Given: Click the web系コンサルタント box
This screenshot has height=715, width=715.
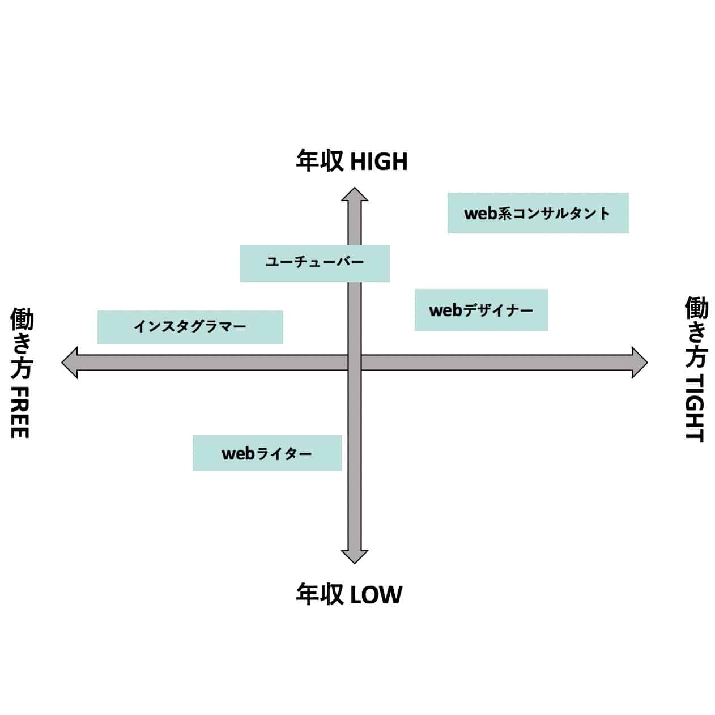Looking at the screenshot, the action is (538, 213).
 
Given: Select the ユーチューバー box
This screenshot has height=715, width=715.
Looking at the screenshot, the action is (314, 263).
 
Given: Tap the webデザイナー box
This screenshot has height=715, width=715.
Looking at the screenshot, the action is (481, 310).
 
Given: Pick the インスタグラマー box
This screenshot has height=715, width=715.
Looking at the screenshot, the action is (190, 327).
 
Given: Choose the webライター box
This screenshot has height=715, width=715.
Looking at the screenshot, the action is (267, 453).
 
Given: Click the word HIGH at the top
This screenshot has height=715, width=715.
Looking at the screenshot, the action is (379, 162).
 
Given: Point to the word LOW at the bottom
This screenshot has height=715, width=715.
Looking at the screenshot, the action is (376, 595).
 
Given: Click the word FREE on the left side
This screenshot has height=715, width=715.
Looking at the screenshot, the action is (20, 412).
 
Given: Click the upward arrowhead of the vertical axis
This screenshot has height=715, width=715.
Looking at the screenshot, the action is (354, 195).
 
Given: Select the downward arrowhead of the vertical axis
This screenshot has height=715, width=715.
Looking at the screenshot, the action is (354, 556).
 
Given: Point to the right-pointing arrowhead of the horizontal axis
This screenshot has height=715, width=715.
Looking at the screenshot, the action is (639, 363).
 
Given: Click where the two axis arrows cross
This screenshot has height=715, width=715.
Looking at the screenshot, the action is (354, 363).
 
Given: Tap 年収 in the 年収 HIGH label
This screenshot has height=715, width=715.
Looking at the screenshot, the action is (320, 161).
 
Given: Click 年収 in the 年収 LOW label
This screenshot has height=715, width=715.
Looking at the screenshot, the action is (320, 594).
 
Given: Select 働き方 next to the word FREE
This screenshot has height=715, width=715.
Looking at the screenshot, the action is (22, 343).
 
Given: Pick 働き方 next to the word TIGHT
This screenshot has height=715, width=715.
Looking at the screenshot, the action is (696, 332).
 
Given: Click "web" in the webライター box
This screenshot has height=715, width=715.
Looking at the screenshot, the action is (238, 454).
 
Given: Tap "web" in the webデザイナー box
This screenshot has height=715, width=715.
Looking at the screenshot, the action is (445, 310).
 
